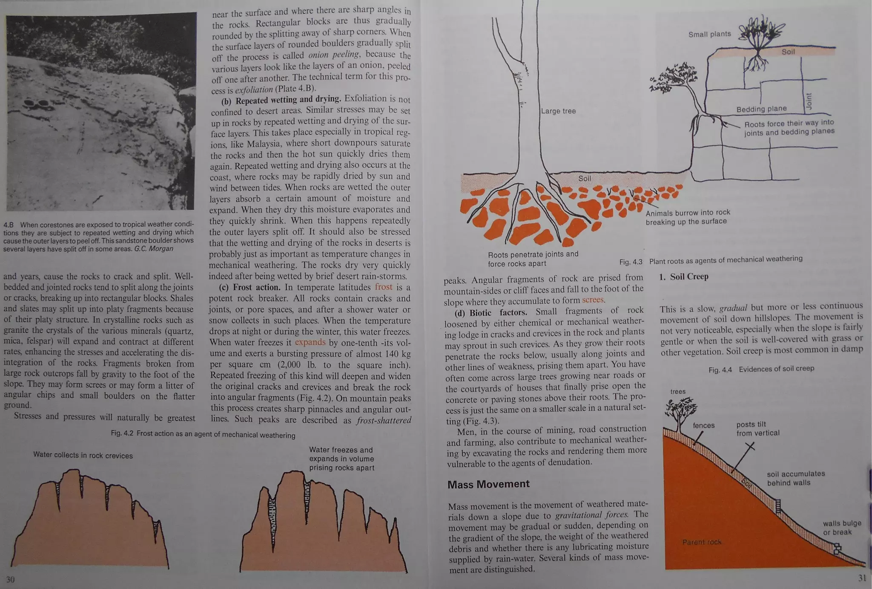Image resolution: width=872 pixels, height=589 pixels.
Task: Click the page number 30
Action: point(10,579)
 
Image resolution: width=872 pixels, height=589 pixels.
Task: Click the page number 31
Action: point(862,578)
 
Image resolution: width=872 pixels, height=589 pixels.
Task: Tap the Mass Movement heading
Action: point(488,484)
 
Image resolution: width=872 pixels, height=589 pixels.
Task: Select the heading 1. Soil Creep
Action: point(684,277)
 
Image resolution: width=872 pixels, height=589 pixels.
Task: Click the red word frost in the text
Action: point(384,287)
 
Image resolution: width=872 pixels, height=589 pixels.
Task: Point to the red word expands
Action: point(310,342)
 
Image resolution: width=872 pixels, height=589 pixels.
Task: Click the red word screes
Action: point(593,300)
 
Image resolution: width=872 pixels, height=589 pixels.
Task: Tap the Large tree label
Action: point(558,111)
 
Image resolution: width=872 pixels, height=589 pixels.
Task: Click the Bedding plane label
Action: point(761,109)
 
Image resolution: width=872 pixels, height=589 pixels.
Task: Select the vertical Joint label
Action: point(809,101)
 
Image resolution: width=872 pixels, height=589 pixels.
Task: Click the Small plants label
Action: point(709,34)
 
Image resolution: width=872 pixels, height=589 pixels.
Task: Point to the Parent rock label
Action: point(702,542)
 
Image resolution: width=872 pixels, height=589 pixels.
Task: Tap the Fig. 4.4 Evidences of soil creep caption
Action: point(761,369)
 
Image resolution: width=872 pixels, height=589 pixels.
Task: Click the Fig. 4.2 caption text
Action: point(203,434)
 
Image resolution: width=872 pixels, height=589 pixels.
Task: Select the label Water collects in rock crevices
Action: point(83,455)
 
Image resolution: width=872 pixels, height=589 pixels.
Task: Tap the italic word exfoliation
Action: point(254,90)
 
